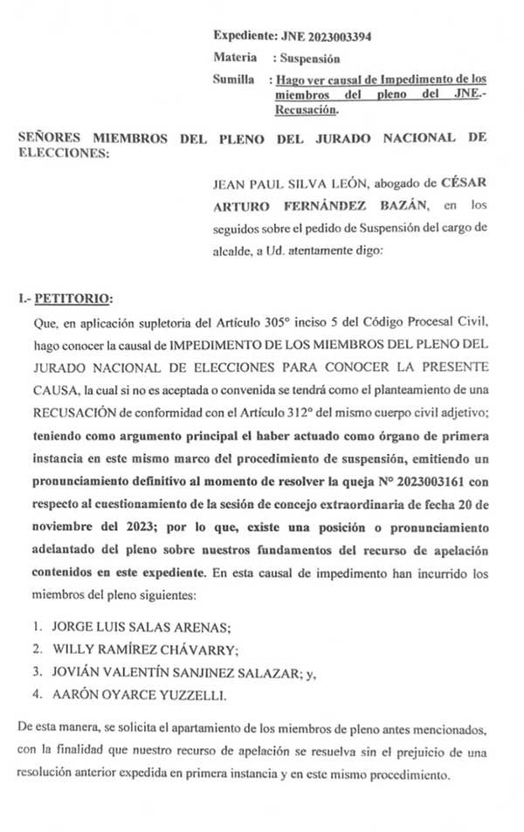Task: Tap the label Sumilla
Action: [234, 79]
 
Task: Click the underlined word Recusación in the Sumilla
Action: [307, 110]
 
